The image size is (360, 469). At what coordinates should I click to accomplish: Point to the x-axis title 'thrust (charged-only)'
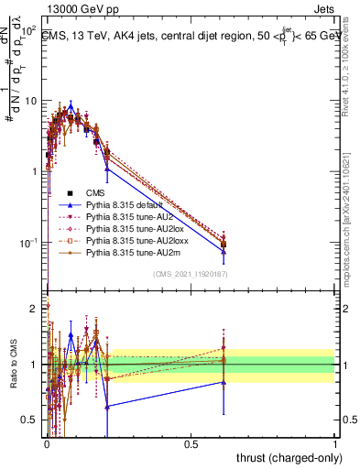(x=289, y=456)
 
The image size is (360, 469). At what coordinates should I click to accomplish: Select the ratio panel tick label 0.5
(x=28, y=420)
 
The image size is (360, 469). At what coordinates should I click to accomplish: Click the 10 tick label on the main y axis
(x=28, y=100)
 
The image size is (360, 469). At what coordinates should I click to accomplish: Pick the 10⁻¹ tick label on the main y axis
(x=27, y=242)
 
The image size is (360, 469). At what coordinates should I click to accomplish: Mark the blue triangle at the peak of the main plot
(x=71, y=106)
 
